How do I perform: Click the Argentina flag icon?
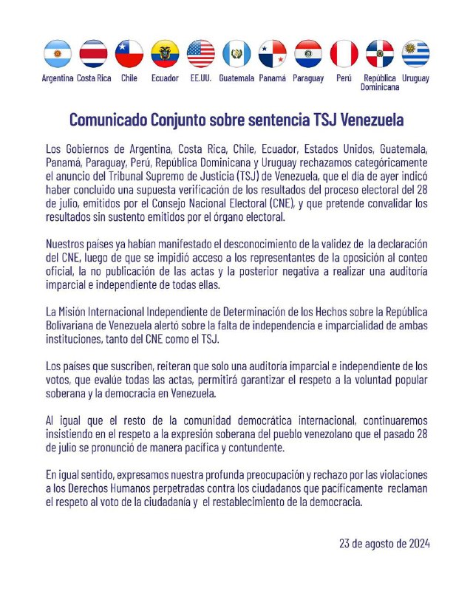[x=58, y=54]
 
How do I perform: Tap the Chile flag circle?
[x=129, y=54]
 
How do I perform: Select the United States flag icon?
[x=201, y=54]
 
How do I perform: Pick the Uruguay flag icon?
[x=416, y=54]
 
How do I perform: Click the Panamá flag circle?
[x=273, y=54]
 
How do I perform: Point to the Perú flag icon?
[x=344, y=54]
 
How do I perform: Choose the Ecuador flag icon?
[x=165, y=54]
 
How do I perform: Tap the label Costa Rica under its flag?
[x=94, y=78]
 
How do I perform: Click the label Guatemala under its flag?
[x=236, y=78]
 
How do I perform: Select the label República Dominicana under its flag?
[x=380, y=82]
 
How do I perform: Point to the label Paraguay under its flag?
[x=308, y=78]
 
